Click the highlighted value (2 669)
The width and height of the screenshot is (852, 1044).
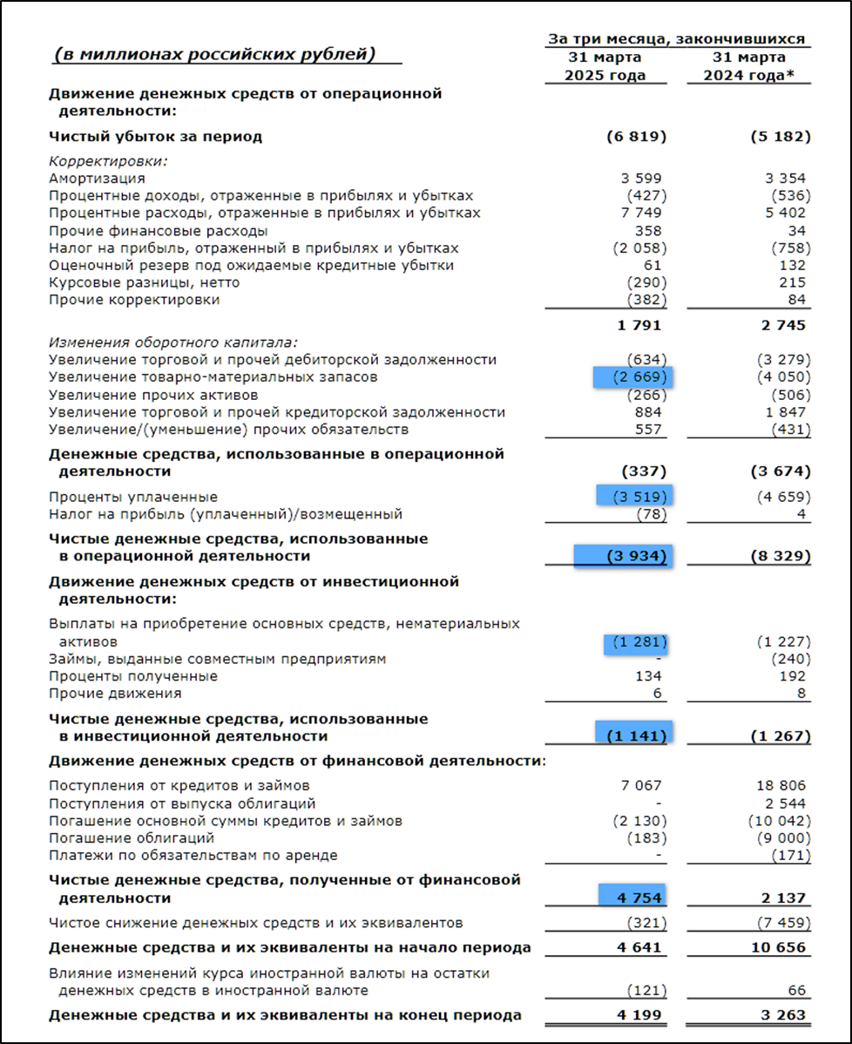[x=635, y=377]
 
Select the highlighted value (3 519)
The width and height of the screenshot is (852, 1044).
[x=636, y=497]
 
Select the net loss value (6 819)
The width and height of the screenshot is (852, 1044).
[x=637, y=137]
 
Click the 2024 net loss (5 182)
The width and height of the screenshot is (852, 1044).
[x=780, y=137]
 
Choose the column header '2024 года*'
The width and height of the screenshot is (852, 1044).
[x=757, y=75]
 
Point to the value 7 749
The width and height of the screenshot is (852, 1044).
[x=642, y=213]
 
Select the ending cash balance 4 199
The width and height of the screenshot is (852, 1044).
[x=639, y=1015]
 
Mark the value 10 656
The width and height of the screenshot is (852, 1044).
[x=778, y=947]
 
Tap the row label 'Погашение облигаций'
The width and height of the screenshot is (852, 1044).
[x=132, y=838]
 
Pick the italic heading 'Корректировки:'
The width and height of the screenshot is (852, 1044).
[x=108, y=160]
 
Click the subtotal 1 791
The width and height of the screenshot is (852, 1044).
[x=639, y=325]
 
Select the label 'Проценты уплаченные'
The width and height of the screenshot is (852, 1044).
[x=133, y=497]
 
